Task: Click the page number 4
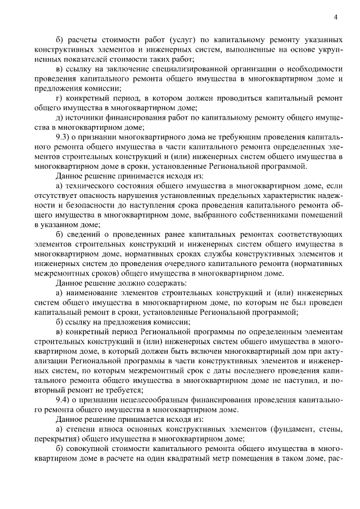pos(335,17)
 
